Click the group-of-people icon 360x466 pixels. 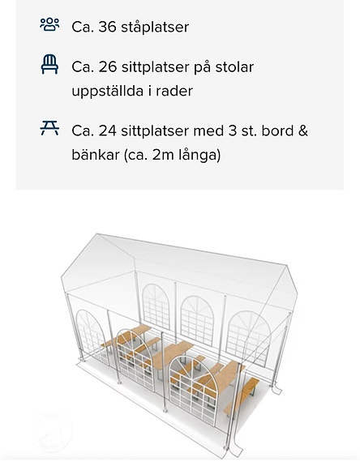click(x=49, y=24)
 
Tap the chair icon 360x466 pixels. click(x=49, y=64)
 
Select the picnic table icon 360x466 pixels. click(x=49, y=128)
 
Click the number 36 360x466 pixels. click(x=107, y=27)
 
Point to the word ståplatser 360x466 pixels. click(x=155, y=27)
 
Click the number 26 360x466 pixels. click(x=107, y=67)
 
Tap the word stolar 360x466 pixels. click(x=234, y=67)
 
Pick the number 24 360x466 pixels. click(x=107, y=130)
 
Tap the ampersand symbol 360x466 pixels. click(x=303, y=130)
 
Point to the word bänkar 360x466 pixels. click(x=96, y=154)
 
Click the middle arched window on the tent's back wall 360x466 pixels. click(x=197, y=320)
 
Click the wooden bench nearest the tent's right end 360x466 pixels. click(x=241, y=395)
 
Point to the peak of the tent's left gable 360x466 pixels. click(x=96, y=233)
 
